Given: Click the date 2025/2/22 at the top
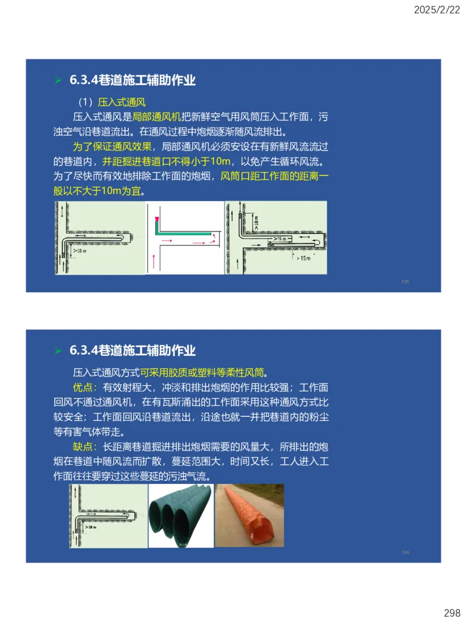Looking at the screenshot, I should (x=437, y=9).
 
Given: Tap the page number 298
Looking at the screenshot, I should (x=452, y=613).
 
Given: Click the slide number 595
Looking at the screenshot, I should (x=405, y=282).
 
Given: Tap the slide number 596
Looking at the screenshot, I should (x=405, y=552).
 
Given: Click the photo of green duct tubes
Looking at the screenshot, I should (x=181, y=515).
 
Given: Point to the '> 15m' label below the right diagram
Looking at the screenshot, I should (x=303, y=256).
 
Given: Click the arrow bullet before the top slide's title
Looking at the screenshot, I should (x=58, y=80).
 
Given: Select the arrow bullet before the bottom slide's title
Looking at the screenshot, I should (x=58, y=350).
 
